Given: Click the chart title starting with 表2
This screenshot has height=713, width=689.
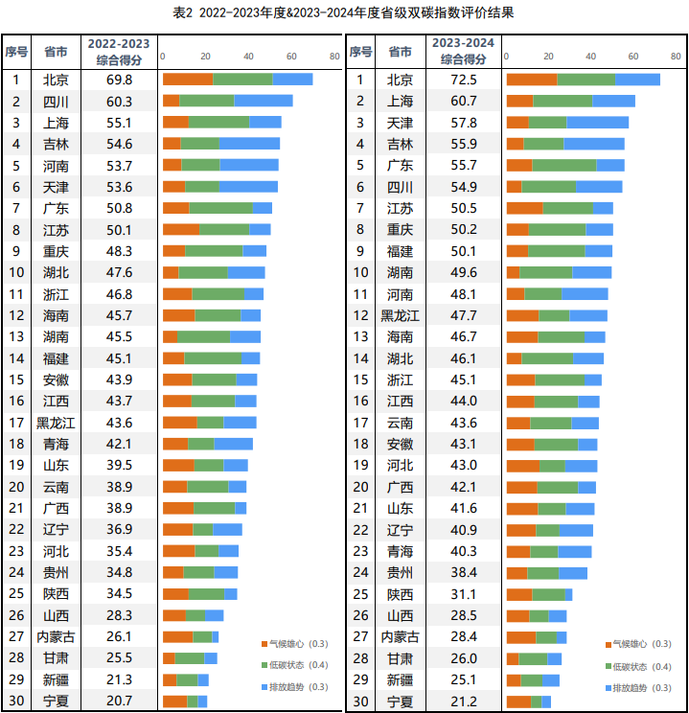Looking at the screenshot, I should (x=344, y=12).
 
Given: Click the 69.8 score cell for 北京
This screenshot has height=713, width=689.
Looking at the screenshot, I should (x=120, y=79).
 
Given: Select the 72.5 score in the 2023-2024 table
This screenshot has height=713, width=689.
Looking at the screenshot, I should (x=464, y=79).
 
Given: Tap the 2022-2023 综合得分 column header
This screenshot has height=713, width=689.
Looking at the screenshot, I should (x=119, y=51).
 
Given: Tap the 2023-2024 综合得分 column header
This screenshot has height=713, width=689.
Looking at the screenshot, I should (x=464, y=51).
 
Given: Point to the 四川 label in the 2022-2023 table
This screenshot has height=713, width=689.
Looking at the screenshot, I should (x=56, y=101).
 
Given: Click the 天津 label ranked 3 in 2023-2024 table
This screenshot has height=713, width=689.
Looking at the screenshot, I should (x=400, y=123).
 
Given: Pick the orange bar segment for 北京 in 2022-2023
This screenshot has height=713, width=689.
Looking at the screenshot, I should (x=187, y=79).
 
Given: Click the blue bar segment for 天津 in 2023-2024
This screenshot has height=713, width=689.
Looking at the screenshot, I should (x=597, y=123).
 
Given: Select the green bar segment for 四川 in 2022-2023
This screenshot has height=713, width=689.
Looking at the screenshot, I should (x=207, y=101).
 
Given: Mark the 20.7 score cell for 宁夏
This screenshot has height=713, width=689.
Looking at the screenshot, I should (x=120, y=701).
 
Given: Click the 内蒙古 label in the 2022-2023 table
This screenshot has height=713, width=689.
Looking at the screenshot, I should (x=56, y=636).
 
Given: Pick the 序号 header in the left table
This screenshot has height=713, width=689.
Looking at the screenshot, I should (x=16, y=51).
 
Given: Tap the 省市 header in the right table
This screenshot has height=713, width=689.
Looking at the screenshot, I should (x=400, y=51).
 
